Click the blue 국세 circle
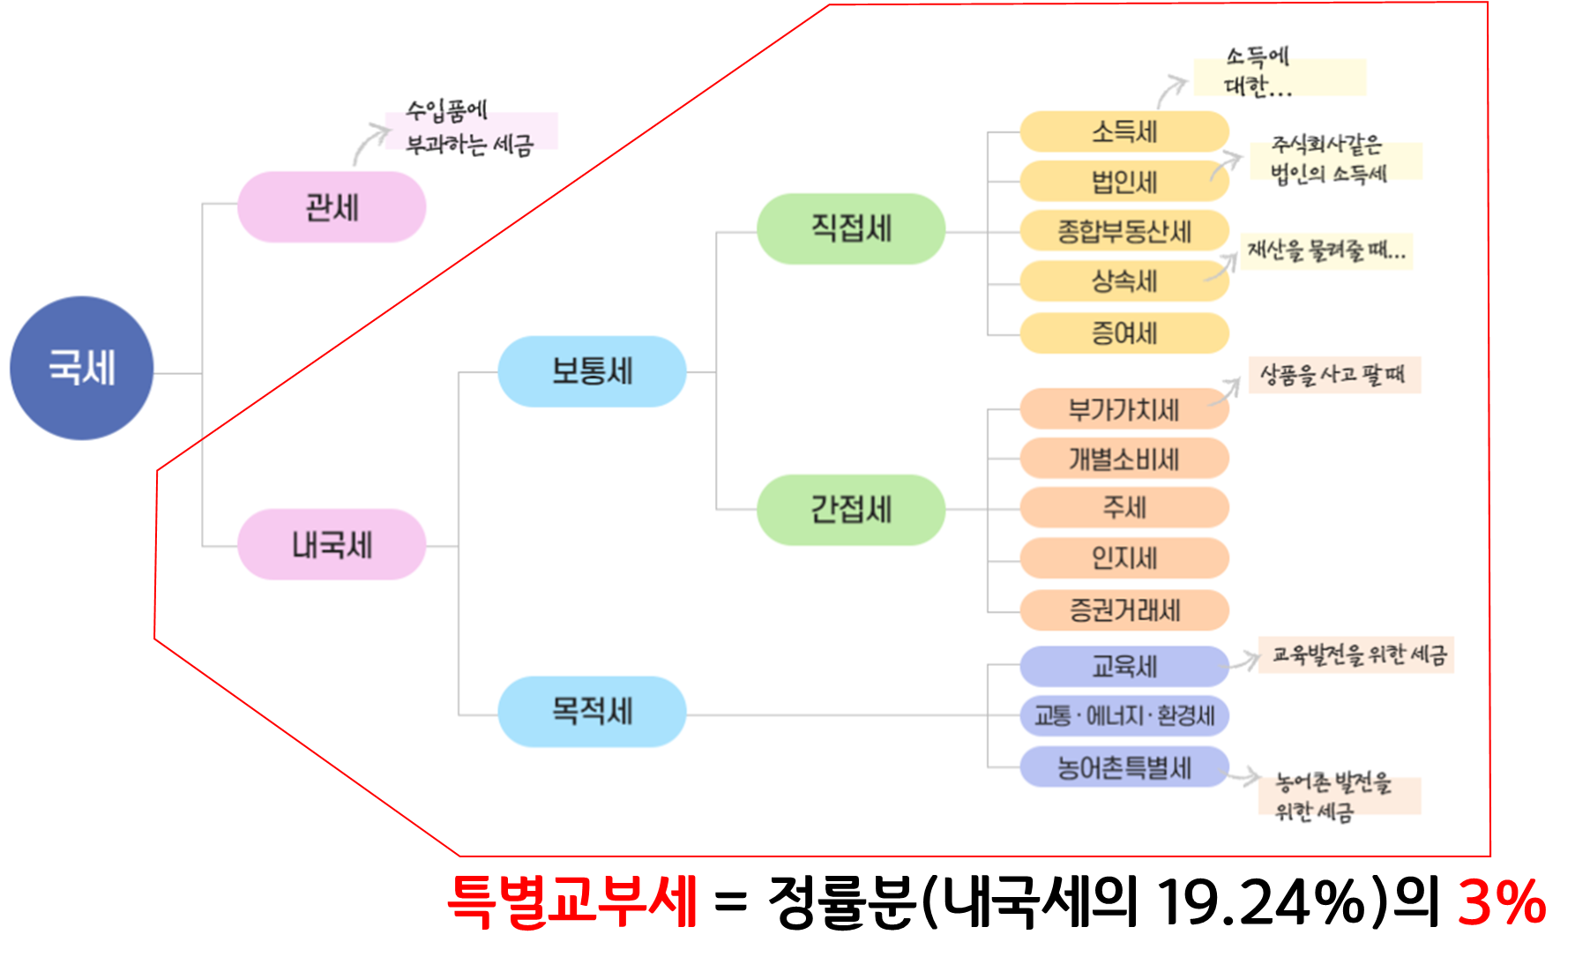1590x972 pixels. point(81,368)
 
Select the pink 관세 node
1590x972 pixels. point(332,207)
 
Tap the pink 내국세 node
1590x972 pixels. point(332,544)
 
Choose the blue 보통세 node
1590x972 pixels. point(592,371)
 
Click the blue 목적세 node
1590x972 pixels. point(592,711)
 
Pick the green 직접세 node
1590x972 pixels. point(851,228)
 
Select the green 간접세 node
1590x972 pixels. point(851,510)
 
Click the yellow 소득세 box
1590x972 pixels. point(1124,132)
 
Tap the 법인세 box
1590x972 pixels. point(1124,182)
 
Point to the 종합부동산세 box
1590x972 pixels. point(1124,231)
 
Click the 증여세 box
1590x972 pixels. point(1124,333)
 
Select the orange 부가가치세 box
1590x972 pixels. point(1124,409)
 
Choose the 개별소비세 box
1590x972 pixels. point(1124,459)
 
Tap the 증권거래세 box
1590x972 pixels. point(1124,609)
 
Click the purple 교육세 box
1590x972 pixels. point(1124,666)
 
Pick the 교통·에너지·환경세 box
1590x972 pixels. point(1124,715)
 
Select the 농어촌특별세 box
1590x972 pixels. point(1124,767)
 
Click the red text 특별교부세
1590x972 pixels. point(572,901)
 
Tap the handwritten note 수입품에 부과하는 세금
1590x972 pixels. point(469,129)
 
